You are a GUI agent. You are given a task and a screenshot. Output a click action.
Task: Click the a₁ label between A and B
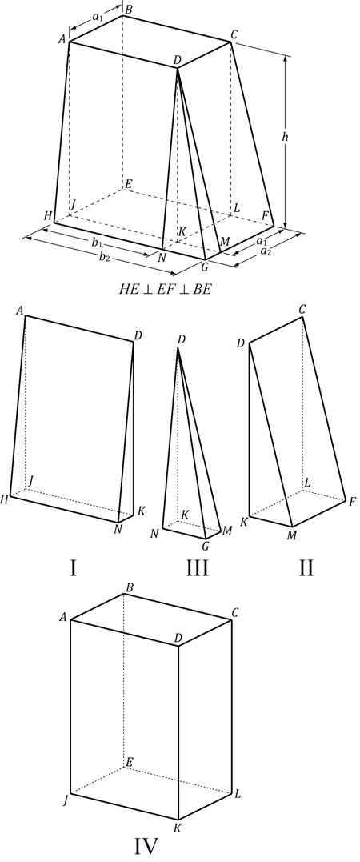(98, 18)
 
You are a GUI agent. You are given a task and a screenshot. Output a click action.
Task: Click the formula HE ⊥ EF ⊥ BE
(164, 289)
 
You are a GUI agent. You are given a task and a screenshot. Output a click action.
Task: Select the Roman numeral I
(73, 568)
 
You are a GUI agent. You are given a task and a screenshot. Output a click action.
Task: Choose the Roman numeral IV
(146, 845)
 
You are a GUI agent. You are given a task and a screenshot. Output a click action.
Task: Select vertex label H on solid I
(5, 499)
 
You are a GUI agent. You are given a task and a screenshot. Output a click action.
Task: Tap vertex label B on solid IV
(129, 588)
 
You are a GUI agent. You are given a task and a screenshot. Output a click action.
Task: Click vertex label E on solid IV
(129, 761)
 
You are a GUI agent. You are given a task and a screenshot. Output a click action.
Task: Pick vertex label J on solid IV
(65, 800)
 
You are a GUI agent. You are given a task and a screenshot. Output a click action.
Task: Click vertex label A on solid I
(20, 310)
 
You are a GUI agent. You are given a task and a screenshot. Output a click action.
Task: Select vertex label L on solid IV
(238, 795)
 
